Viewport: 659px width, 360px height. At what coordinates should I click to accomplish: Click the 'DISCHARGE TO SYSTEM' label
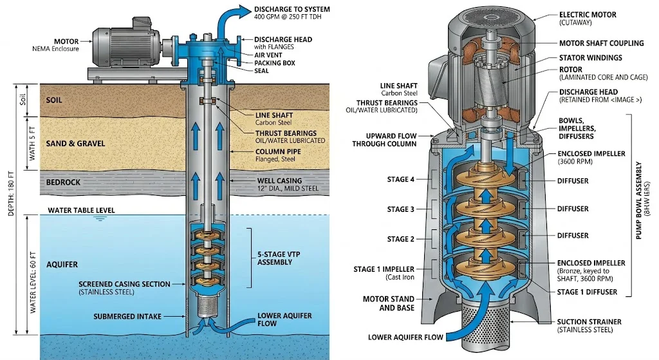292,9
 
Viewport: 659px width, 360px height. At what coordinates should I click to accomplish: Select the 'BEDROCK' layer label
63,182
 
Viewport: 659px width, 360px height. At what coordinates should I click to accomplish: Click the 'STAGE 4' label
402,180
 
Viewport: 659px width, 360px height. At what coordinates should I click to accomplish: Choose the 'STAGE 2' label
402,239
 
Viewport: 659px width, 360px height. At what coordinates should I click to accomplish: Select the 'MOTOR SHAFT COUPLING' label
601,43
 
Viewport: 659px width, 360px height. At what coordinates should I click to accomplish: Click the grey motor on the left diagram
122,46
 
